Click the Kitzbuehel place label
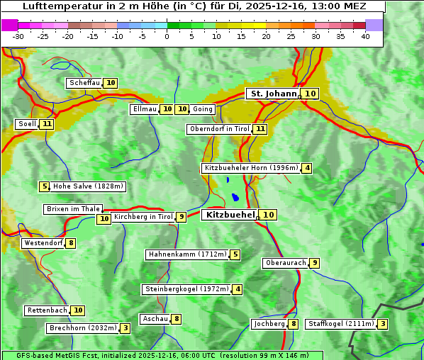(230, 215)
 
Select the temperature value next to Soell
(47, 124)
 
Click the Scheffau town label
(84, 83)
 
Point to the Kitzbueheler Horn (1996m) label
(250, 169)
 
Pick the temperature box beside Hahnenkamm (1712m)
(235, 254)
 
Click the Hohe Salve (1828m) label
(88, 186)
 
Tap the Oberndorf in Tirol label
(220, 129)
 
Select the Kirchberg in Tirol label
(143, 217)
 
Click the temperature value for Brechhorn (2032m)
(125, 328)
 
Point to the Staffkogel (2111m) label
(340, 324)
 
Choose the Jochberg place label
(269, 324)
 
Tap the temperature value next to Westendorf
(71, 243)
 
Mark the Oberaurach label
(286, 263)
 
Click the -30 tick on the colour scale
(18, 36)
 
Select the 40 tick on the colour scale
(365, 36)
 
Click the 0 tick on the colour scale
(167, 36)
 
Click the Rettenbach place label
(48, 310)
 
